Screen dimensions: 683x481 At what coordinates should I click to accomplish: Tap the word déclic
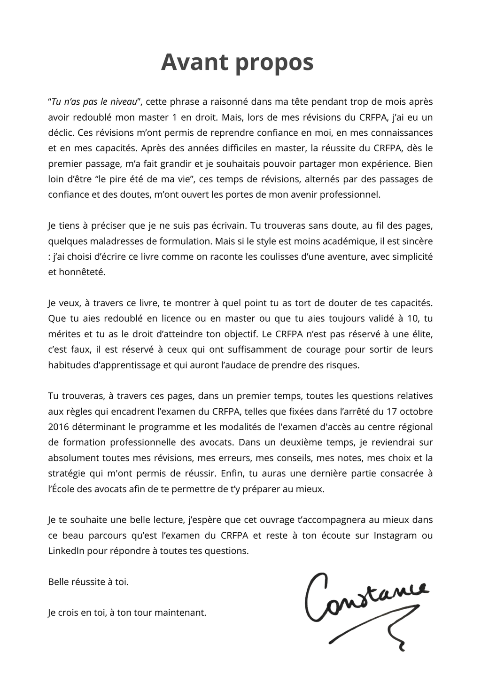[60, 132]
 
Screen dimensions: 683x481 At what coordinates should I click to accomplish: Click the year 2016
[58, 427]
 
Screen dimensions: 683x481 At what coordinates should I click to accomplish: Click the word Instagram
[395, 536]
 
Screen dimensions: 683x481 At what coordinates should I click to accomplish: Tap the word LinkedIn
[66, 551]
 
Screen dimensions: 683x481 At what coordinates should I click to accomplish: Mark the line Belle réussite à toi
[88, 582]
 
